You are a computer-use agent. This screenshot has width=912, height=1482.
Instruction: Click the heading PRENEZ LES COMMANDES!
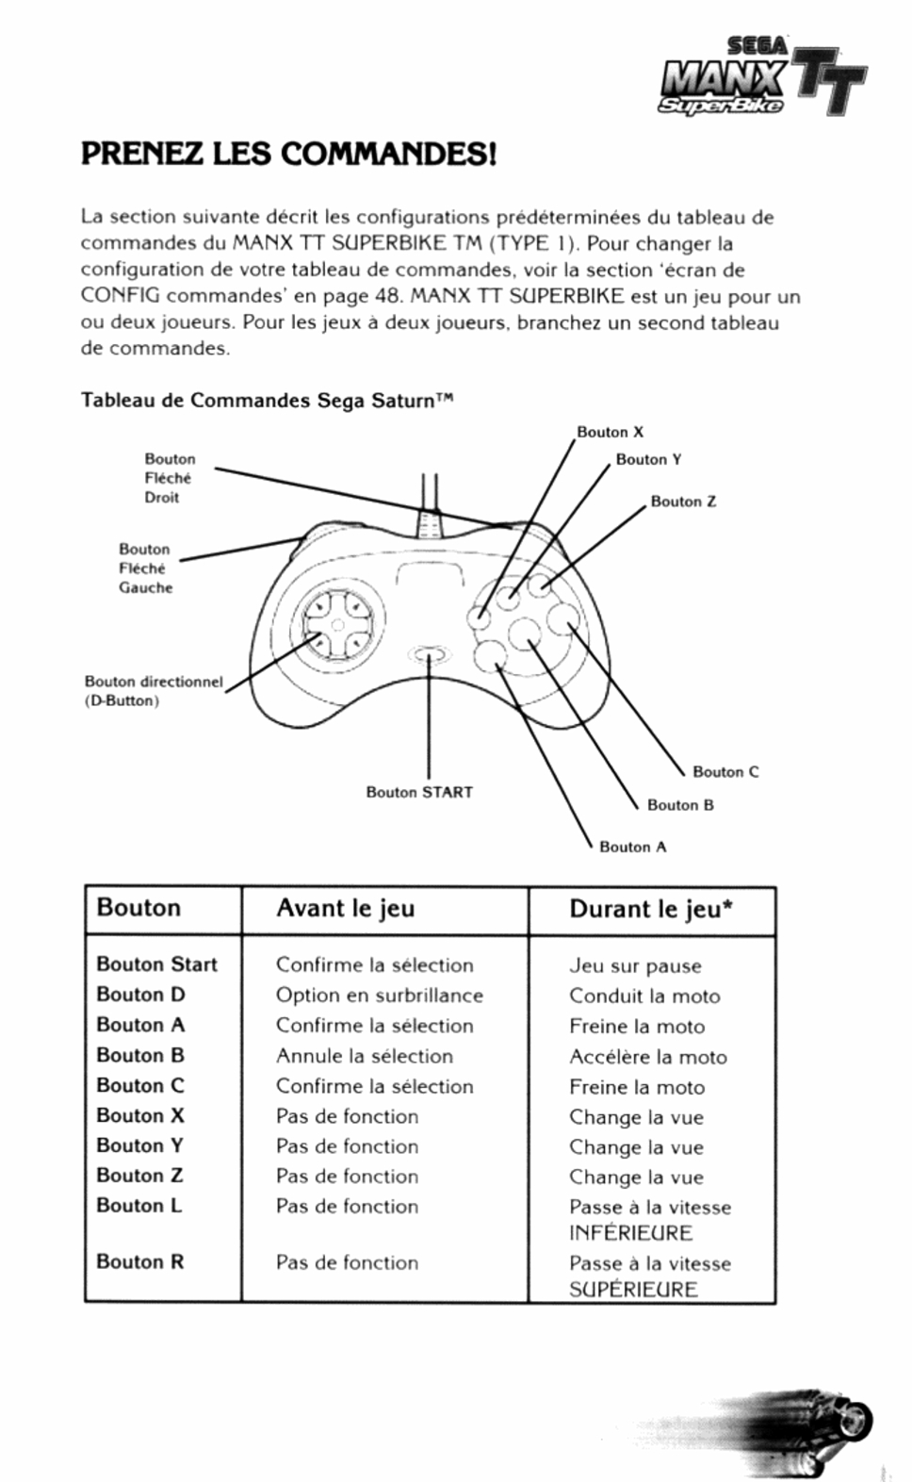pyautogui.click(x=288, y=154)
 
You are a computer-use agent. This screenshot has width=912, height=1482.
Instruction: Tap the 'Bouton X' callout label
pyautogui.click(x=610, y=432)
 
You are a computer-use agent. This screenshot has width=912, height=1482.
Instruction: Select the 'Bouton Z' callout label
pyautogui.click(x=683, y=502)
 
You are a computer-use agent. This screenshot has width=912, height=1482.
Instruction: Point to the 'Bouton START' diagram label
pyautogui.click(x=419, y=792)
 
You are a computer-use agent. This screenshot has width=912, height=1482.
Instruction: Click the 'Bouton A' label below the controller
pyautogui.click(x=632, y=847)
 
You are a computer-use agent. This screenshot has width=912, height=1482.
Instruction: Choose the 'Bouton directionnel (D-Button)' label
pyautogui.click(x=154, y=690)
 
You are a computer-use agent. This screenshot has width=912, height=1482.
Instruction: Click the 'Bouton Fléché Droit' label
pyautogui.click(x=170, y=478)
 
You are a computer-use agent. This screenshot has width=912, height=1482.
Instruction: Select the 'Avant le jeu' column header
pyautogui.click(x=345, y=908)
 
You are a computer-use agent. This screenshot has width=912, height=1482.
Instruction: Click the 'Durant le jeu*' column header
pyautogui.click(x=651, y=909)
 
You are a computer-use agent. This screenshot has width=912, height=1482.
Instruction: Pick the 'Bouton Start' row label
pyautogui.click(x=156, y=963)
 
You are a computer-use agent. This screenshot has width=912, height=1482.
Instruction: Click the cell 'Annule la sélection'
pyautogui.click(x=364, y=1056)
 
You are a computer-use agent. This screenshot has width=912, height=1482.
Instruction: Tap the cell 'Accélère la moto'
pyautogui.click(x=647, y=1057)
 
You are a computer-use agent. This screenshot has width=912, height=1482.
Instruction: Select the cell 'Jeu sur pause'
pyautogui.click(x=635, y=965)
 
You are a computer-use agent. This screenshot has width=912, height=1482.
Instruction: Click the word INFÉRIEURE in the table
pyautogui.click(x=630, y=1233)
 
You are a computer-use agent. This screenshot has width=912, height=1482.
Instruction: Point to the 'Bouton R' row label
pyautogui.click(x=139, y=1261)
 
